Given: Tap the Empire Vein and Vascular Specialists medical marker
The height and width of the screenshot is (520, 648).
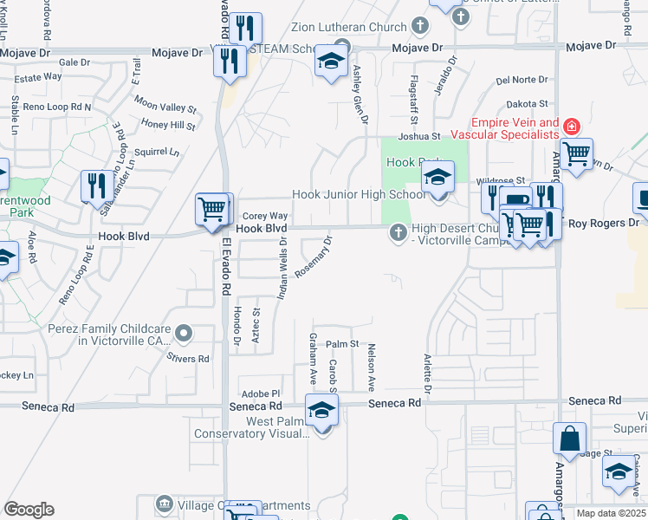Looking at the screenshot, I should pos(570,127).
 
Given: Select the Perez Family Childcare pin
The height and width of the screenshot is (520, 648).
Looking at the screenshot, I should pos(183,333).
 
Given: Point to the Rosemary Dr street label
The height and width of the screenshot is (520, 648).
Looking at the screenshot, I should pos(314,257).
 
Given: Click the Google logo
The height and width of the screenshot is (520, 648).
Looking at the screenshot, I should pos(29,510).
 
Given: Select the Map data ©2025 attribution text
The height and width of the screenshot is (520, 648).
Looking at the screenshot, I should pos(611,513).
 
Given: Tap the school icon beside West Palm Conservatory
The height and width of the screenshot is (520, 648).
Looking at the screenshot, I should pos(321,411).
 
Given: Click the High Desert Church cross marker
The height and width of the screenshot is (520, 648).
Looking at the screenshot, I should pos(398,232).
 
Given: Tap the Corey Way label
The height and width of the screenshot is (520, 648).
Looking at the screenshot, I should pos(264,216).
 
